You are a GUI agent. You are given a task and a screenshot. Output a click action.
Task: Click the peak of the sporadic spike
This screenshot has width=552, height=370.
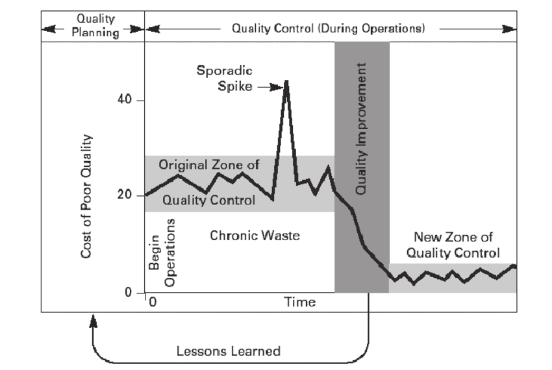click(x=287, y=81)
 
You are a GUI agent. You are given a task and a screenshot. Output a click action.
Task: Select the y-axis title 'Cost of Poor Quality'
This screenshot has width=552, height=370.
click(x=86, y=196)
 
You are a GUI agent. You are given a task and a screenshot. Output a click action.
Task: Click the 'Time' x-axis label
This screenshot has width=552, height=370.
click(x=300, y=302)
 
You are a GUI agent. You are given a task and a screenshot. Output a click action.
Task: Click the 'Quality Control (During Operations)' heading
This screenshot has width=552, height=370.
click(x=329, y=29)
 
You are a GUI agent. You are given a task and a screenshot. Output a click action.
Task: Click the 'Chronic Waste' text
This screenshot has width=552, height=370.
click(x=255, y=236)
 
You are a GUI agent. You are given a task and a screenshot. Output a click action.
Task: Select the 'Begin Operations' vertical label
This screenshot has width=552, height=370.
click(x=162, y=253)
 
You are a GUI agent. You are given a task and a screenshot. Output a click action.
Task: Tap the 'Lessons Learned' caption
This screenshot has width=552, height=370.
click(x=229, y=351)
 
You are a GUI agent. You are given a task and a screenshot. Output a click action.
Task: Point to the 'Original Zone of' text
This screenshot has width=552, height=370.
click(x=209, y=166)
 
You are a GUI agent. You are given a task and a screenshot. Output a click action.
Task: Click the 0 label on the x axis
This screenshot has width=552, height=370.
click(x=152, y=302)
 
